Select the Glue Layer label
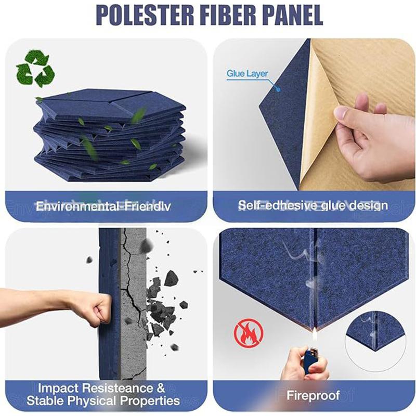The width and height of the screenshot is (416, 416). [247, 74]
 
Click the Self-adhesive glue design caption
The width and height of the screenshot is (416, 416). [313, 205]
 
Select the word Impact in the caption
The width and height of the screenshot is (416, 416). [57, 388]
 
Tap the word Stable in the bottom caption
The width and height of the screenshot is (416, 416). [44, 401]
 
